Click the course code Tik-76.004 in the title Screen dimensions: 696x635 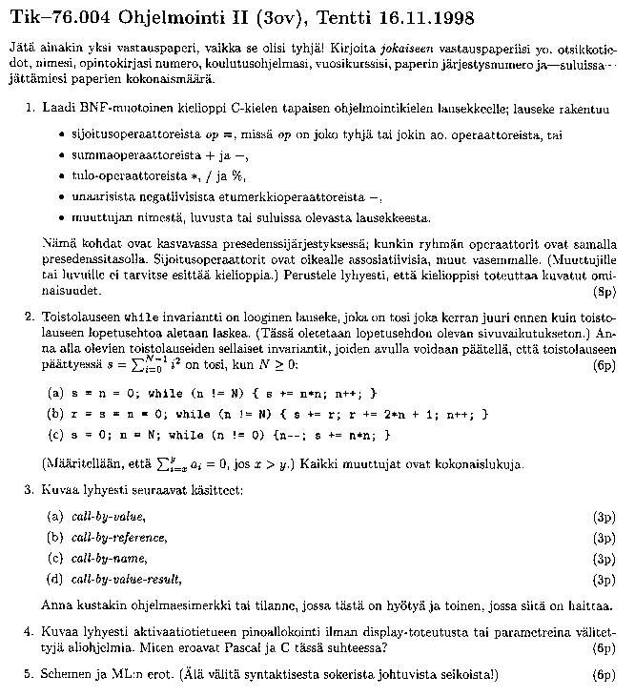[59, 17]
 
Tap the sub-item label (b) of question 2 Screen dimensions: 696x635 [55, 414]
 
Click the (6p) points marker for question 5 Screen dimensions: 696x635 [604, 676]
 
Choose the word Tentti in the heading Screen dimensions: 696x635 [330, 17]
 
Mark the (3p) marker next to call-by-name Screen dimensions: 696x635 [604, 559]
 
